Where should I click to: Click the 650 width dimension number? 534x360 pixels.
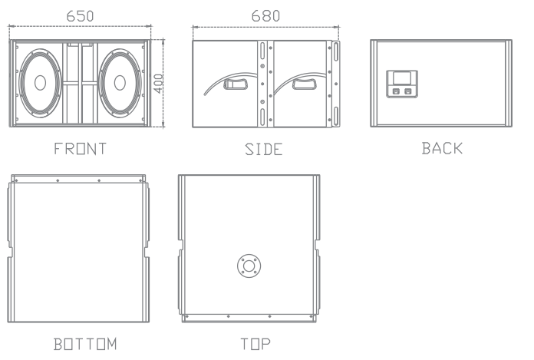click(x=80, y=16)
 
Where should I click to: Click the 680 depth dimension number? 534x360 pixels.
click(x=265, y=15)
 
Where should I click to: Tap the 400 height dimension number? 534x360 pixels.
click(x=158, y=84)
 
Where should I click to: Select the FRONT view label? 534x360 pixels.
click(x=81, y=149)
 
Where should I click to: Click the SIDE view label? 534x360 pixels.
click(x=264, y=149)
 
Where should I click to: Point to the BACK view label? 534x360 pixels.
click(x=442, y=148)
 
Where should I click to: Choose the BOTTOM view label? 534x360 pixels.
click(x=85, y=344)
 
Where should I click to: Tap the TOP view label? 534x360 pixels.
click(x=255, y=344)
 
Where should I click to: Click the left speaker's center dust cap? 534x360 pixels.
click(x=40, y=83)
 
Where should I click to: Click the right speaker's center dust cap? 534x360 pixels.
click(x=120, y=83)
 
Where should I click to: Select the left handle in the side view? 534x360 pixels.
click(x=236, y=84)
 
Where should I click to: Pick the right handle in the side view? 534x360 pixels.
click(x=305, y=84)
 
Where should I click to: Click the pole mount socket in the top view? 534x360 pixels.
click(x=249, y=266)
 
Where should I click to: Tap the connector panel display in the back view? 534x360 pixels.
click(x=402, y=78)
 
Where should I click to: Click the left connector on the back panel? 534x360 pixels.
click(x=396, y=91)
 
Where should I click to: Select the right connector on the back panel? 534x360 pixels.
click(x=407, y=91)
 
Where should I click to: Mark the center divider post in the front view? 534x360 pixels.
click(x=80, y=83)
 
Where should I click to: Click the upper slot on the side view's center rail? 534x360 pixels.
click(x=262, y=51)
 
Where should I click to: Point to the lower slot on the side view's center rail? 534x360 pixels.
click(x=262, y=117)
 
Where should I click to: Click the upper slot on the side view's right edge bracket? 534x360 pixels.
click(x=336, y=51)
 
